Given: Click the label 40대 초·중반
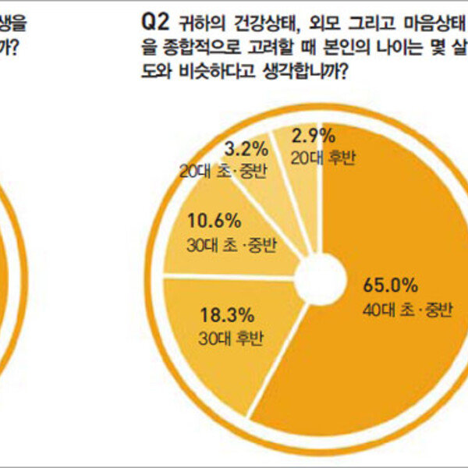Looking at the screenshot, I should coord(396,310).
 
